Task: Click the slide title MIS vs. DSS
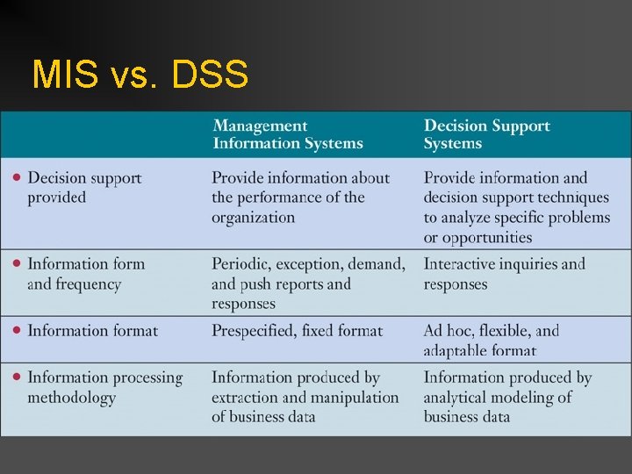point(140,75)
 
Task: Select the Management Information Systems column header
point(288,134)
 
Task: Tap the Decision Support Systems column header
point(486,134)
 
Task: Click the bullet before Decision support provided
point(17,177)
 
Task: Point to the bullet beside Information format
point(17,330)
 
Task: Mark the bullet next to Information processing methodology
point(17,377)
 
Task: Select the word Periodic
point(243,263)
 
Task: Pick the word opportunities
point(487,237)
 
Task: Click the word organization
point(253,217)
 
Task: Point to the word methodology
point(71,398)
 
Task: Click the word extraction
point(248,398)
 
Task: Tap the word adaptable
point(457,350)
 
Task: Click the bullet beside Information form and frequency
point(17,262)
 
